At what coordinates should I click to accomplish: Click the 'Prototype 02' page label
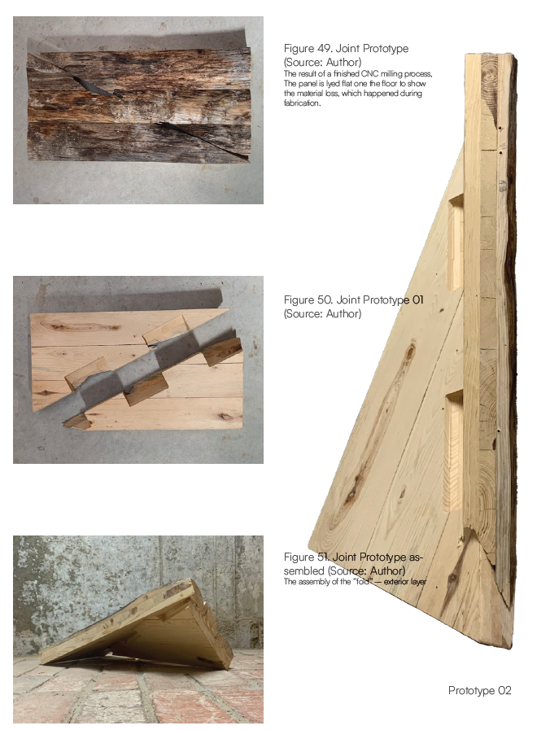coord(479,690)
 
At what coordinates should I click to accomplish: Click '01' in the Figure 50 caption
coord(418,299)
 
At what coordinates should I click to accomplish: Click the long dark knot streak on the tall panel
coord(378,428)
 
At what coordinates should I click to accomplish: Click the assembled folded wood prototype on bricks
coord(137,624)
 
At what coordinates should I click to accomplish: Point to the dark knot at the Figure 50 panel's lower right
coord(225,416)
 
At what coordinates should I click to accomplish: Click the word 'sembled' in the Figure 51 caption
coord(304,570)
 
